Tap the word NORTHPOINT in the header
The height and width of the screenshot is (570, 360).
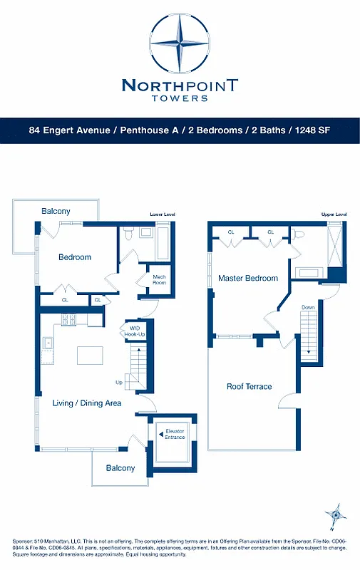coord(180,86)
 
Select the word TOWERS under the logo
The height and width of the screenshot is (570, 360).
coord(180,99)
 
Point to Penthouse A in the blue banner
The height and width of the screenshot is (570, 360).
coord(153,130)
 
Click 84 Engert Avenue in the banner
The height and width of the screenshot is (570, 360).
coord(68,130)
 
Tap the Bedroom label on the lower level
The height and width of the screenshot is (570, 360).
coord(75,257)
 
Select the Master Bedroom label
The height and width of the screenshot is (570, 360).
coord(248,278)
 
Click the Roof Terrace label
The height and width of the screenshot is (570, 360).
coord(249,386)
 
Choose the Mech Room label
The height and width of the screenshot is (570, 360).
coord(159,279)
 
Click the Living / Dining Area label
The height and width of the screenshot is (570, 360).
coord(87,403)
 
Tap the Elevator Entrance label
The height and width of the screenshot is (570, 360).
coord(175,434)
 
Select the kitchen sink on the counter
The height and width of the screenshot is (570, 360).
coord(48,343)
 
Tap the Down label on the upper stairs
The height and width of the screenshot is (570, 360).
coord(308,307)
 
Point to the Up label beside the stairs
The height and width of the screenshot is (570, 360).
coord(119,383)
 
